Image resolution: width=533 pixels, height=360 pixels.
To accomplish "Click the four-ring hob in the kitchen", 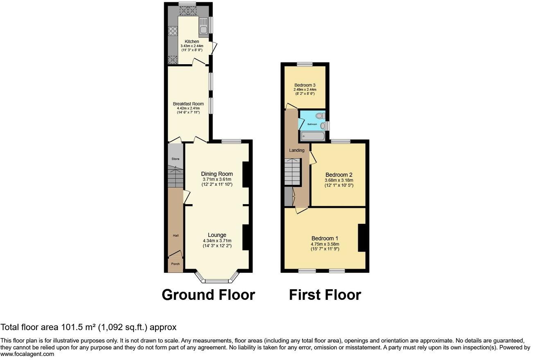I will coord(172,32).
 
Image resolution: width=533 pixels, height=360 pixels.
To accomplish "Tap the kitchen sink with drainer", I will coord(203,25).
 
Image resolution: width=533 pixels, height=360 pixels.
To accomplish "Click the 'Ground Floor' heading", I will coord(208,295).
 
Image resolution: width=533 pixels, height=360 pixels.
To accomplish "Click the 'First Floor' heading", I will coord(325,295).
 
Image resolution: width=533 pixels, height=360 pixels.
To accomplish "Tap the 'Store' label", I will coord(175,159).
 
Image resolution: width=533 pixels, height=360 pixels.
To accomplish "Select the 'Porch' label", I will coord(175,264).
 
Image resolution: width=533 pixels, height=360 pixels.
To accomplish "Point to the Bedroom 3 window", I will coord(305,64).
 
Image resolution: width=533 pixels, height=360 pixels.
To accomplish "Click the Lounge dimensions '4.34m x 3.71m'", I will coord(217,241).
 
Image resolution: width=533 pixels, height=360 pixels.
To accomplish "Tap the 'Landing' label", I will coord(297,150).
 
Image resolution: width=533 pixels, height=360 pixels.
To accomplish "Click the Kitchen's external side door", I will coord(214,48).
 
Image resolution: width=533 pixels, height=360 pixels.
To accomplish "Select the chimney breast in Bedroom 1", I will coord(362,238).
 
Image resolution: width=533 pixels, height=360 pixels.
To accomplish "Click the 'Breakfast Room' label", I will coord(188,104).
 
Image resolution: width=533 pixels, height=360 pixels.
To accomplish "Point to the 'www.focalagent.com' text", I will coord(27,354).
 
